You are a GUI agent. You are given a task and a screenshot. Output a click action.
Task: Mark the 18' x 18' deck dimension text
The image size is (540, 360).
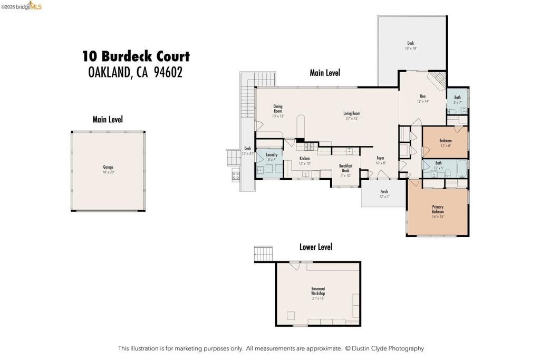[x=411, y=48]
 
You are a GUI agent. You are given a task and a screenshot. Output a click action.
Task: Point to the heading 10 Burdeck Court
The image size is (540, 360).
[x=136, y=56]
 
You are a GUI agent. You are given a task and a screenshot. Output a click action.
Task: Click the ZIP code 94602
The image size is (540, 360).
[x=168, y=73]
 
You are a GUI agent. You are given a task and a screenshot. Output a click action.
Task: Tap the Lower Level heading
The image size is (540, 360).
[x=316, y=247]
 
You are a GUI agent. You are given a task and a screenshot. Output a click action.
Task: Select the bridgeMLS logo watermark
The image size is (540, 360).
[x=22, y=6]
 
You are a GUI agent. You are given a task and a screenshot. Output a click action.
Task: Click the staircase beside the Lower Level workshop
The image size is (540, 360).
[x=263, y=253]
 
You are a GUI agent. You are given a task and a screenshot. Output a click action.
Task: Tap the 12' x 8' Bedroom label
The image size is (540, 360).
[x=445, y=143]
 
